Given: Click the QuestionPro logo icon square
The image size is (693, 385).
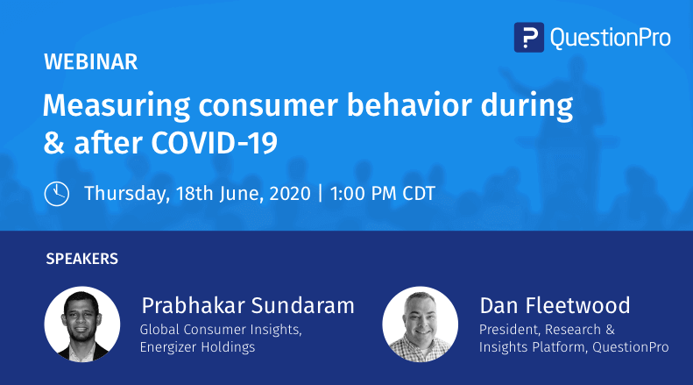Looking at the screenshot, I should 528,37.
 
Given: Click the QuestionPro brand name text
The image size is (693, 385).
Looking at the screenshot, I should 610,37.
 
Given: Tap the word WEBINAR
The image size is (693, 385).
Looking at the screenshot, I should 90,62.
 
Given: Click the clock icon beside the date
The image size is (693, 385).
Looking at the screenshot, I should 57,193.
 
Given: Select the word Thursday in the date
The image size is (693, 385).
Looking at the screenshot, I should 123,193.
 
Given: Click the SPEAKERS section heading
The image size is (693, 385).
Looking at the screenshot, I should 81,259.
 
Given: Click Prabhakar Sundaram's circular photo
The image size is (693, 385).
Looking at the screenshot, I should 82,324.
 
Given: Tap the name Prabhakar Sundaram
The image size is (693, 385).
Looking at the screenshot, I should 247,305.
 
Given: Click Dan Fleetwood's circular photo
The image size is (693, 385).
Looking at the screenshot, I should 421,324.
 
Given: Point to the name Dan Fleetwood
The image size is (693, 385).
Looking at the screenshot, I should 555,305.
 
